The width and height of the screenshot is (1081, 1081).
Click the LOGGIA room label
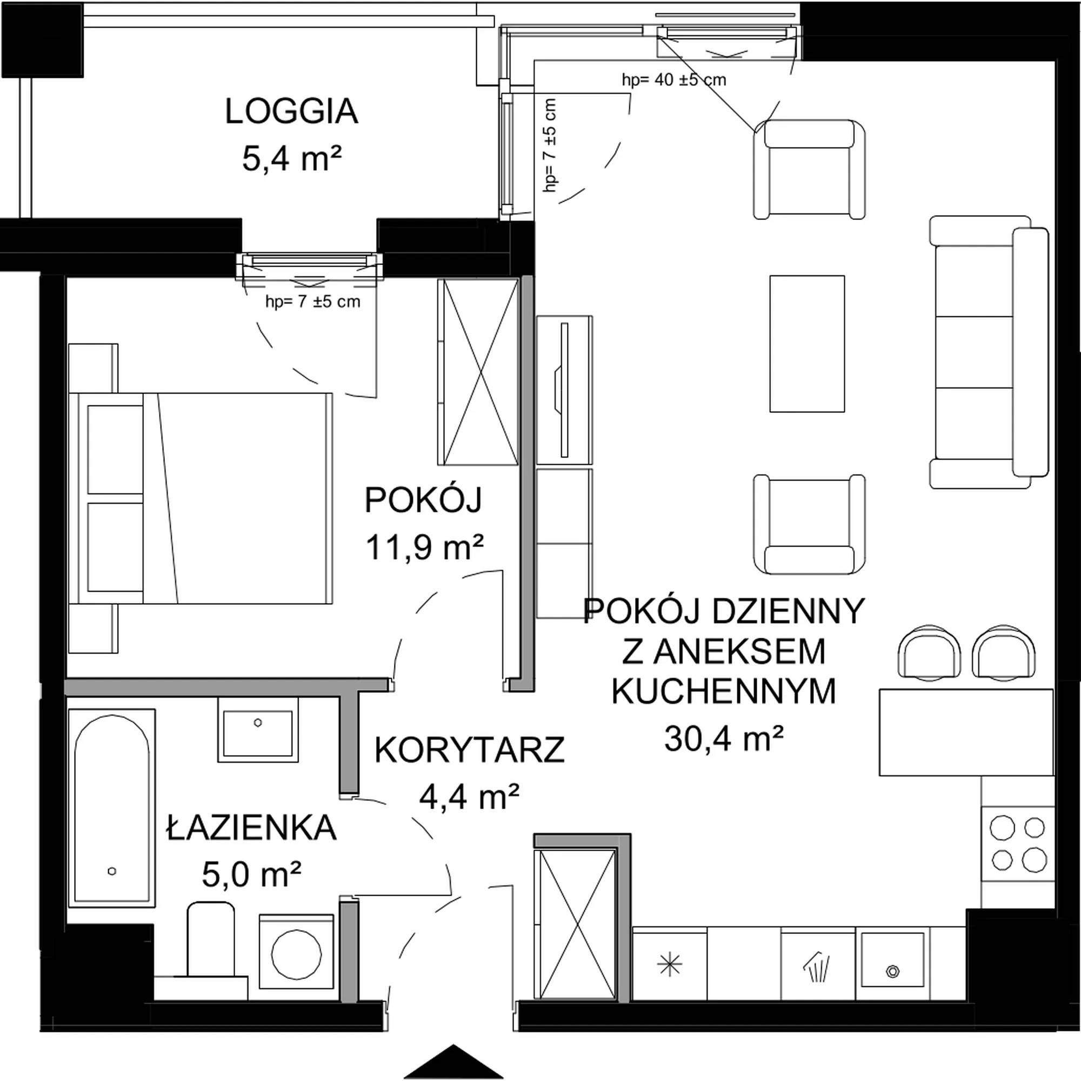point(291,111)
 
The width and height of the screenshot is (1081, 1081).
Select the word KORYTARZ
point(470,750)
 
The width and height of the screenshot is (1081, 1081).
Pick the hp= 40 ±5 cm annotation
point(673,80)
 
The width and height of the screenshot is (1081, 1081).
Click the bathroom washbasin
point(258,730)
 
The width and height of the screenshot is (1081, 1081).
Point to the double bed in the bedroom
point(201,498)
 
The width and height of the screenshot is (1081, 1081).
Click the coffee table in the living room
point(807,344)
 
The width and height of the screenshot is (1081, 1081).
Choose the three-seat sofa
point(989,352)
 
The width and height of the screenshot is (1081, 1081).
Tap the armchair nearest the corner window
point(809,169)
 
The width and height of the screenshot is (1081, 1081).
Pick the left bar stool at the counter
point(929,652)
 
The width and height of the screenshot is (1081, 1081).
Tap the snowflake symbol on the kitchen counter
point(669,964)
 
